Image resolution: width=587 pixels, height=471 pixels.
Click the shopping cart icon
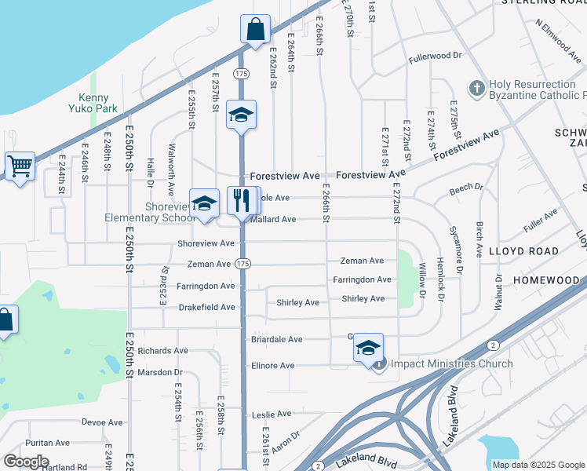[x=20, y=166]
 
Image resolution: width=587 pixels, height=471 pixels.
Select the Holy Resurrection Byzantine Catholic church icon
[x=476, y=89]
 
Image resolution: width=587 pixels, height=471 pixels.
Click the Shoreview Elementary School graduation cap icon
[x=204, y=203]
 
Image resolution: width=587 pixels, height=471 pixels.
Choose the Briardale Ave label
[x=276, y=340]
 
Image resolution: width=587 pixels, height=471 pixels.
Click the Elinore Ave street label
[x=272, y=366]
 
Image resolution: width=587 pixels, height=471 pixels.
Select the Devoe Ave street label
[x=104, y=422]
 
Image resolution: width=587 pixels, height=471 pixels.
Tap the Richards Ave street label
[x=162, y=351]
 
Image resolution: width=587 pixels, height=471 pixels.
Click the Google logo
[x=25, y=462]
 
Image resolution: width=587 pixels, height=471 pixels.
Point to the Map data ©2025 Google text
[x=538, y=465]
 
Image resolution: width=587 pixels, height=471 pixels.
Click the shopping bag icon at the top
[x=255, y=29]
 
